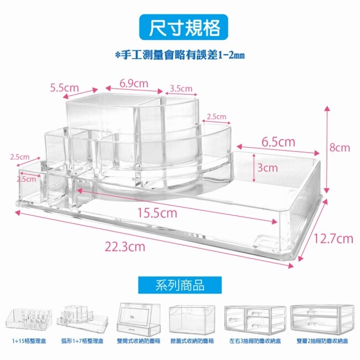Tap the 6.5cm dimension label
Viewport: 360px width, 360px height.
[x=278, y=142]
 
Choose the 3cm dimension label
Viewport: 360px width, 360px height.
[x=267, y=167]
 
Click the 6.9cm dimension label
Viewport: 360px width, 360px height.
[x=134, y=84]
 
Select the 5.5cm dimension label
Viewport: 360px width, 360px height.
[x=65, y=88]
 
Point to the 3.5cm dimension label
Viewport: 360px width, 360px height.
[x=181, y=88]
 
